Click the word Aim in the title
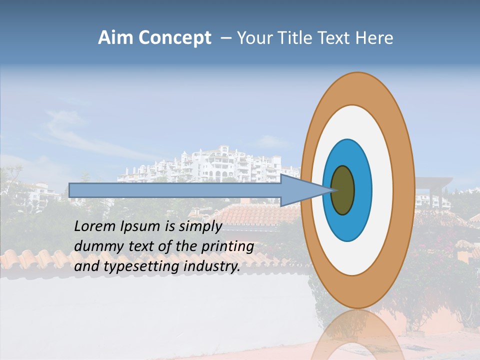[x=115, y=38]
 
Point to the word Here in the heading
[x=374, y=38]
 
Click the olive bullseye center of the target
[x=343, y=190]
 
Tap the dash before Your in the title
[x=226, y=38]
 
